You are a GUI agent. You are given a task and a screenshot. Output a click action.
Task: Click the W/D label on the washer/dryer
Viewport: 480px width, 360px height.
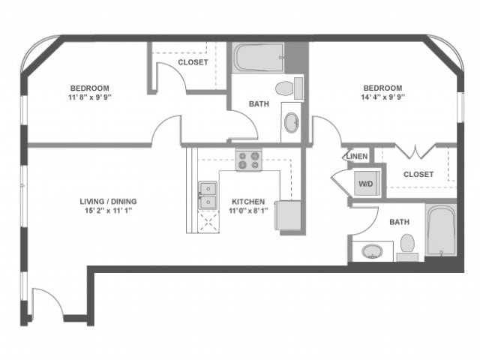367,184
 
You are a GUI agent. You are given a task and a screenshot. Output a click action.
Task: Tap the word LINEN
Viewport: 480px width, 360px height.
357,157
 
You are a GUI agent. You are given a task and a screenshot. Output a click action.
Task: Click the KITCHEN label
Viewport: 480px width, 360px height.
247,202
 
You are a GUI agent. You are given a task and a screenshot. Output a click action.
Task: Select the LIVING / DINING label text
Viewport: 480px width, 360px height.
109,201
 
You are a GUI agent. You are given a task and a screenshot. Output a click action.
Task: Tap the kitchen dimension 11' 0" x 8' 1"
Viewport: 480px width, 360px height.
247,211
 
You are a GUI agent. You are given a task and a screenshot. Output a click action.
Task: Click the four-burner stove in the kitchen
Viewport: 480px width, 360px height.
248,160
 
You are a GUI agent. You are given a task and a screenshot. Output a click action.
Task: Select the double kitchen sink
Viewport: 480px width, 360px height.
207,195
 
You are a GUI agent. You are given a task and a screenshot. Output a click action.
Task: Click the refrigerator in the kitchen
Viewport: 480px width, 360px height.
288,215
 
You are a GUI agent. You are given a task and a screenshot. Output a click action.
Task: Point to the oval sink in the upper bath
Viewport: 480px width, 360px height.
291,122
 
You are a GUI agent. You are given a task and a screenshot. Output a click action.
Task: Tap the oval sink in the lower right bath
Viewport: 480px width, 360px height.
372,250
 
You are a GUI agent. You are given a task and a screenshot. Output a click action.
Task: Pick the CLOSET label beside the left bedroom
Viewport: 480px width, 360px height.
193,63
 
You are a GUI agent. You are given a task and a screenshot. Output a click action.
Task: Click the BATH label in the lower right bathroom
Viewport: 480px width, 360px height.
399,222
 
